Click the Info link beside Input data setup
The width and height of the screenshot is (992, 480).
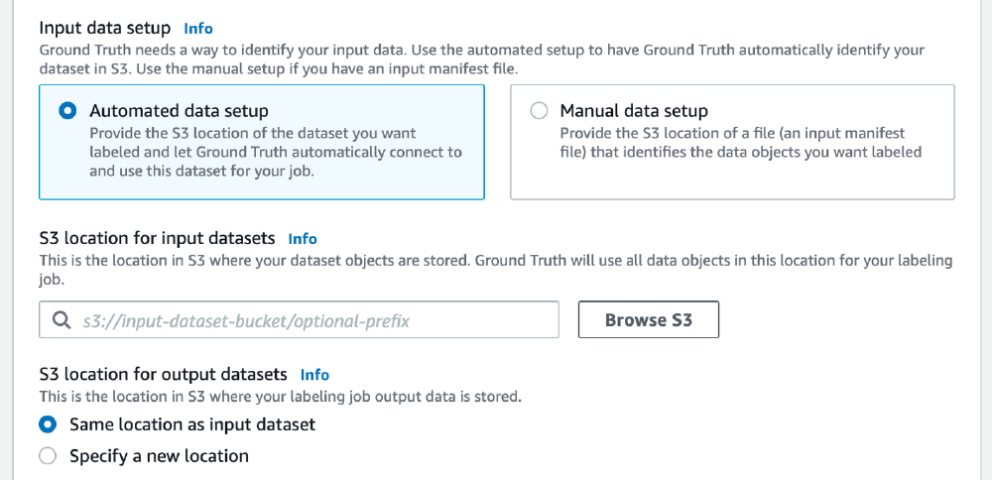[198, 29]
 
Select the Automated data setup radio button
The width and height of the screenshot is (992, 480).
[67, 111]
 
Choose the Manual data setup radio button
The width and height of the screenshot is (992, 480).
[539, 111]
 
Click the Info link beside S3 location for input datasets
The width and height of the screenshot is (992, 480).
[303, 239]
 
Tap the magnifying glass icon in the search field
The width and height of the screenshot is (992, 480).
[62, 320]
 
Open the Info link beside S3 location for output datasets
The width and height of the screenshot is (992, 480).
[314, 375]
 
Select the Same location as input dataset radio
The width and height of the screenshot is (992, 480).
[48, 424]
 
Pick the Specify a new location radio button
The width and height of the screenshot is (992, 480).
[48, 456]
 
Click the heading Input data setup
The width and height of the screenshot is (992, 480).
[104, 28]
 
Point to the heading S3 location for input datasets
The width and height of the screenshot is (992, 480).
[157, 238]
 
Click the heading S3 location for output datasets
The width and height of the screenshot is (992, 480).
[163, 374]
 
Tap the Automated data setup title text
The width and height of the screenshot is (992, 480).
[179, 111]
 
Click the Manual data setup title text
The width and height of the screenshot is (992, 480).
[634, 111]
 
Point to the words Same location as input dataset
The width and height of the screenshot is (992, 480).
[192, 424]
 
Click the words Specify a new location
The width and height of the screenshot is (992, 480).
[159, 456]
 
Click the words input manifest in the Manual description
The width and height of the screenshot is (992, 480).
[857, 133]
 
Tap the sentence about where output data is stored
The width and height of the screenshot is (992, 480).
[280, 397]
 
